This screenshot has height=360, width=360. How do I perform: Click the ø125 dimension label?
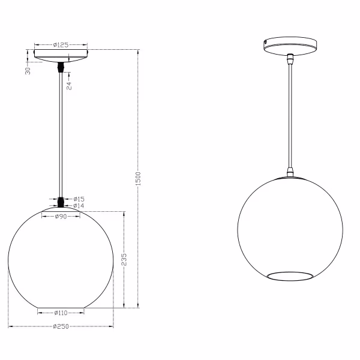[x=61, y=44]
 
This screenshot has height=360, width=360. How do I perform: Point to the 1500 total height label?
[x=139, y=178]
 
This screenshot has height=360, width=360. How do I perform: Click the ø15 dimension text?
[x=79, y=199]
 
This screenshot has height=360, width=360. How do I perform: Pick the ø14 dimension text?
[x=79, y=206]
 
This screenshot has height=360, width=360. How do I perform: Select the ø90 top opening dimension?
[x=60, y=217]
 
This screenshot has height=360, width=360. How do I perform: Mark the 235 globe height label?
[x=124, y=259]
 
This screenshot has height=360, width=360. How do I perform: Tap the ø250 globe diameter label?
[x=60, y=327]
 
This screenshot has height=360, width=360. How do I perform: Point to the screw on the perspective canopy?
[x=266, y=42]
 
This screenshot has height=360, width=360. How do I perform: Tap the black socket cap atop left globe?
[x=61, y=202]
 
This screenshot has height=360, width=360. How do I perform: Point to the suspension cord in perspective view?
[x=290, y=114]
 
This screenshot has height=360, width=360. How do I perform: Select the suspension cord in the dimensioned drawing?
[x=61, y=132]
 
